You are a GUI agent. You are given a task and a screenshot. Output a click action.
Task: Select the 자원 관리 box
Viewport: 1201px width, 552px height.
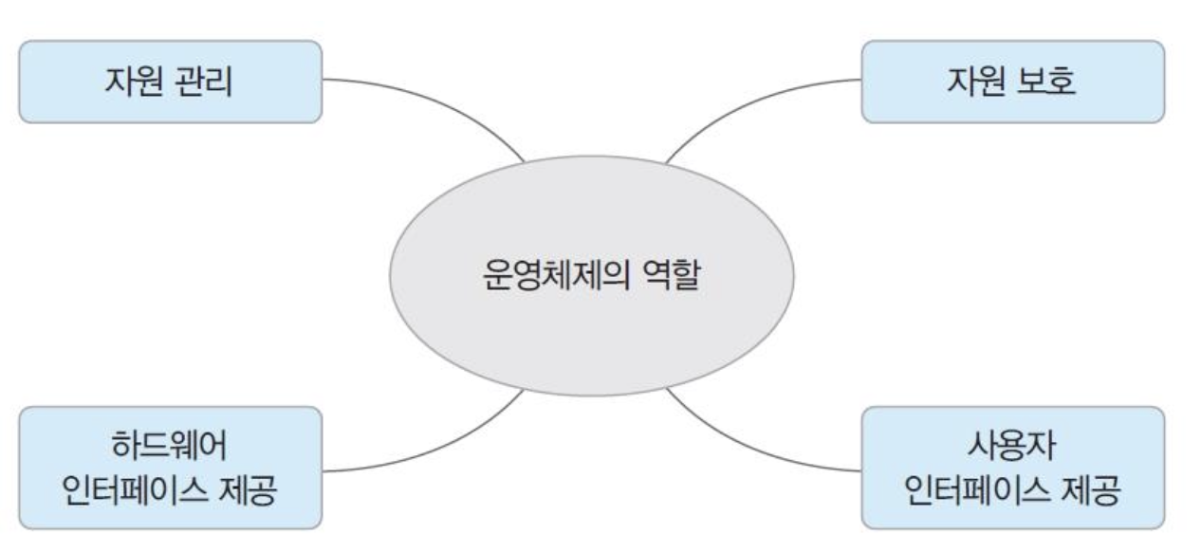click(170, 82)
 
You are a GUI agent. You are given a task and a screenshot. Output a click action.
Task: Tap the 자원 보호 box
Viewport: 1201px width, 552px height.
click(1012, 82)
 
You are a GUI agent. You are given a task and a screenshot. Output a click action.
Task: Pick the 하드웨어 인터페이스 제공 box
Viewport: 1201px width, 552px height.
click(170, 468)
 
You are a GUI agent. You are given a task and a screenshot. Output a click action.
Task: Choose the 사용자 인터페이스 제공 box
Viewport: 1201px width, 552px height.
click(1012, 468)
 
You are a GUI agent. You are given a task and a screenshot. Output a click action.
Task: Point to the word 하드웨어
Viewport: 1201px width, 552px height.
click(171, 444)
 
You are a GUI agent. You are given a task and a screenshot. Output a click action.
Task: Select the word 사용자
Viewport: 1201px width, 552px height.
click(1013, 444)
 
